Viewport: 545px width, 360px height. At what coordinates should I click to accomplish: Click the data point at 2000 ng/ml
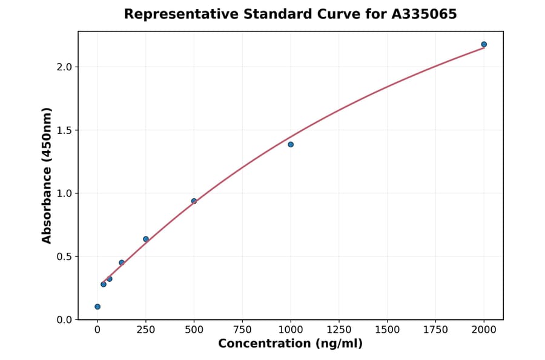484,44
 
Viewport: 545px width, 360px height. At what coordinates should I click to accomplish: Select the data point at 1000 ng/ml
291,144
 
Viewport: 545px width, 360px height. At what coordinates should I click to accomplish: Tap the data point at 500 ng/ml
194,201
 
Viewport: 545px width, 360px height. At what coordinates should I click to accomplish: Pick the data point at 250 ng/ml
146,239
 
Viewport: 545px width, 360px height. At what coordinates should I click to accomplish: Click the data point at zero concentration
97,307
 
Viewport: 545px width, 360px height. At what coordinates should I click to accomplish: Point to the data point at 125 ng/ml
122,262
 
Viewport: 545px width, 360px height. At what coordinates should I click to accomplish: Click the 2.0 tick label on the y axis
64,67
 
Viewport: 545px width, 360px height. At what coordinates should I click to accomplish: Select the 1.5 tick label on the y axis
64,130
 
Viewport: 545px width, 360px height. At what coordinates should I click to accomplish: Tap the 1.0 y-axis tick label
64,193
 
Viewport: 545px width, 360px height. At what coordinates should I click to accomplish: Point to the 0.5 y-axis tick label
64,256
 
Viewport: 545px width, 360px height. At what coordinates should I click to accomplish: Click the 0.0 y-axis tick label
64,320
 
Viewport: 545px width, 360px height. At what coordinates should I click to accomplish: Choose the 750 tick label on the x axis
242,330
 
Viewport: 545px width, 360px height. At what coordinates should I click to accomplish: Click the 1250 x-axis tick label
339,330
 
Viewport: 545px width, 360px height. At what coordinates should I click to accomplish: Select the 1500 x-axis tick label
388,330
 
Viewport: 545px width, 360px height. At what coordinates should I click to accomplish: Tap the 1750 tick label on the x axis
435,330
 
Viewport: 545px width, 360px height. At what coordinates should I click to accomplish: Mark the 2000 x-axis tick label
484,330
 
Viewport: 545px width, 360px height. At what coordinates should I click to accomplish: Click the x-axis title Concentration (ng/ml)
291,344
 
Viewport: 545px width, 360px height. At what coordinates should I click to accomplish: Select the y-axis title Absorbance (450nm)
47,175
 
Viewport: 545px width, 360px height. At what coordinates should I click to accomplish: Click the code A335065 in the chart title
423,14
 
